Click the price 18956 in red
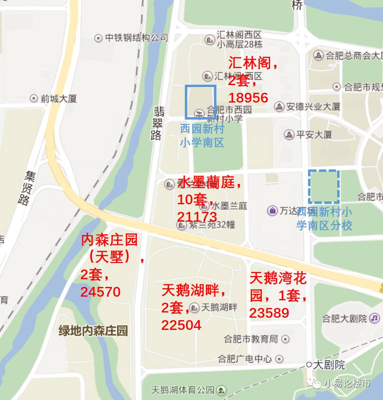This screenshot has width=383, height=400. click(248, 98)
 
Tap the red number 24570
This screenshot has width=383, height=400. click(101, 292)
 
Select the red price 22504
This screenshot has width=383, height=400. click(181, 325)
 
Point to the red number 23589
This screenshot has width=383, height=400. click(269, 313)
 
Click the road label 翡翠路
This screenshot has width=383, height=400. click(157, 123)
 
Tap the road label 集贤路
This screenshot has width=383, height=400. click(25, 188)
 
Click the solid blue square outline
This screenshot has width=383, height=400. click(200, 102)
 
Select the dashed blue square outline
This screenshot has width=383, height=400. click(323, 186)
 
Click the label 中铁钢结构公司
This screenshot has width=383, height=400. click(136, 38)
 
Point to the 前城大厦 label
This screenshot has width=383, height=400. click(58, 98)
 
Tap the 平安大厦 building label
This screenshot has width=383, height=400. click(314, 134)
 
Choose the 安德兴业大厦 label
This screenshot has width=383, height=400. click(313, 107)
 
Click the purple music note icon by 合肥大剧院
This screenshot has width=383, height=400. click(375, 318)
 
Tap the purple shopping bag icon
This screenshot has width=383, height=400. click(272, 211)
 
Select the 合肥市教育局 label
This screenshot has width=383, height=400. click(251, 339)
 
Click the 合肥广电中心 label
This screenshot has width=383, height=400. click(245, 359)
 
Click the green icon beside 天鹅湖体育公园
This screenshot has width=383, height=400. click(221, 390)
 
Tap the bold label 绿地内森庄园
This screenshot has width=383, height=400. click(93, 331)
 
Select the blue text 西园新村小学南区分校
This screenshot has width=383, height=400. click(324, 218)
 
